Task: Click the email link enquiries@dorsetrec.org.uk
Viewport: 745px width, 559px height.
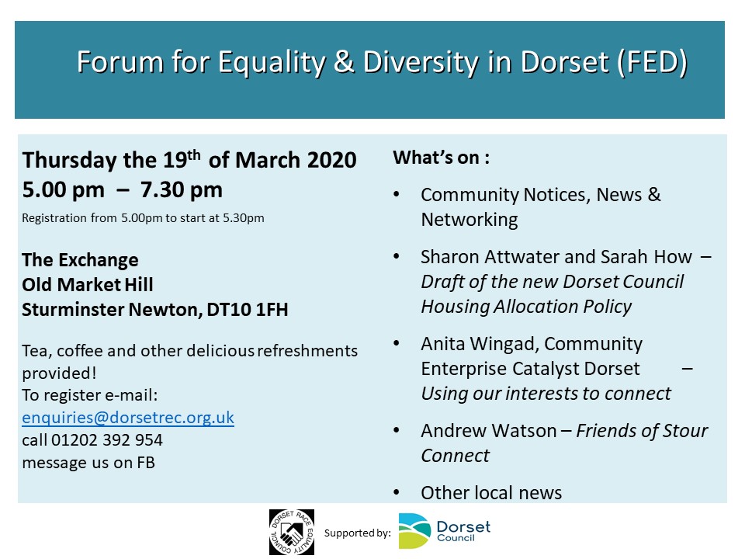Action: pyautogui.click(x=128, y=418)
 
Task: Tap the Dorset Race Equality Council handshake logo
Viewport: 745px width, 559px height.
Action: pyautogui.click(x=292, y=532)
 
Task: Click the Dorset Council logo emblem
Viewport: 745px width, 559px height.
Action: pyautogui.click(x=414, y=531)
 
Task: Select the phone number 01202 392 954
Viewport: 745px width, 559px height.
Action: pyautogui.click(x=107, y=439)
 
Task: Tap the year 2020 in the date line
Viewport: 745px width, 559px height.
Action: pyautogui.click(x=331, y=160)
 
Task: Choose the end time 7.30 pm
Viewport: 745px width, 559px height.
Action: pyautogui.click(x=181, y=189)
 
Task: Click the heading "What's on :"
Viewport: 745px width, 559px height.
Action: pyautogui.click(x=441, y=158)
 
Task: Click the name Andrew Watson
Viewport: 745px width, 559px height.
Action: pyautogui.click(x=488, y=431)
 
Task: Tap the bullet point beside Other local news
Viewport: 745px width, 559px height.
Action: pyautogui.click(x=397, y=492)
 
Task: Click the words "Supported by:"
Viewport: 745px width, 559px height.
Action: pyautogui.click(x=357, y=533)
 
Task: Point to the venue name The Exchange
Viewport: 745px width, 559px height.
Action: pyautogui.click(x=80, y=260)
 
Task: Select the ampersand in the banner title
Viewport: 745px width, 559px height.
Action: pyautogui.click(x=344, y=62)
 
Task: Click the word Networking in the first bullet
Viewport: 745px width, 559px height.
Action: pyautogui.click(x=470, y=220)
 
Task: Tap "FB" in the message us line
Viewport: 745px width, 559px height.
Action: pyautogui.click(x=146, y=463)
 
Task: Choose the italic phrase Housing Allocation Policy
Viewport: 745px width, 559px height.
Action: pyautogui.click(x=526, y=307)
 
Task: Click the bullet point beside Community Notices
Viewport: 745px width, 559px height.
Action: pyautogui.click(x=397, y=194)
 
